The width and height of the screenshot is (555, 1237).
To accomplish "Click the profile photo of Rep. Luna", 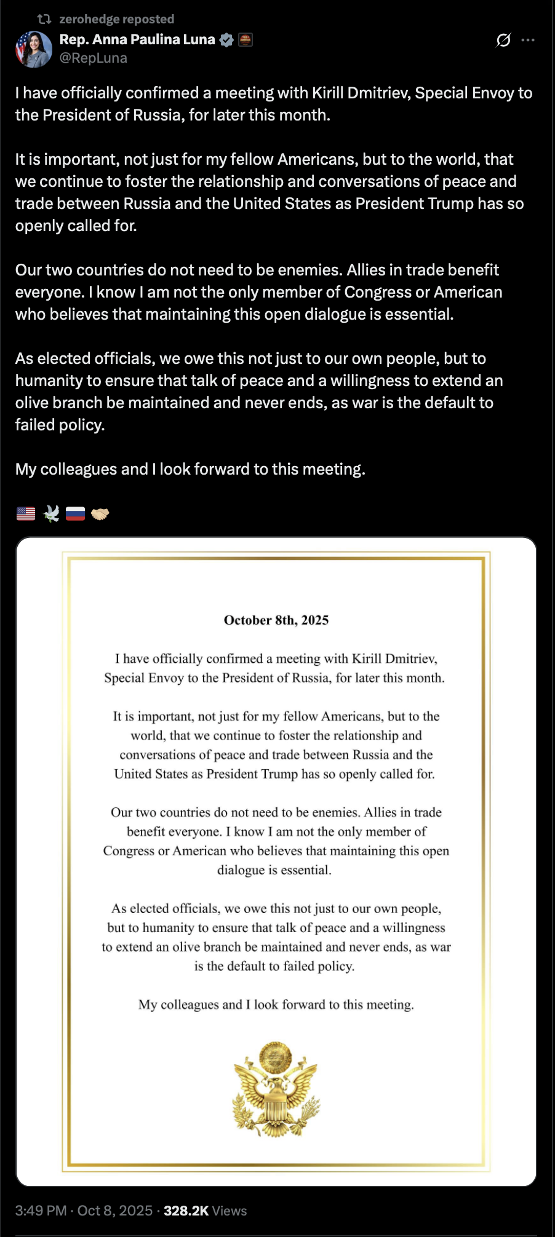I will (34, 49).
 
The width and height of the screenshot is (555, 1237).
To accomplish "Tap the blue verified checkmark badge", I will (226, 40).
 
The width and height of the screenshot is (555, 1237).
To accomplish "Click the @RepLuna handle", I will (94, 58).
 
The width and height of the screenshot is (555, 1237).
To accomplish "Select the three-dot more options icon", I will (528, 40).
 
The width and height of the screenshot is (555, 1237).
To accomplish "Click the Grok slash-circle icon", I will (503, 40).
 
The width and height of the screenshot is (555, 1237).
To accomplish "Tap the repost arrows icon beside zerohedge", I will (44, 19).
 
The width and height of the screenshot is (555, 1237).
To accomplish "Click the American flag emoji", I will (26, 513).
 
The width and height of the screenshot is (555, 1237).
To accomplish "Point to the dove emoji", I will (51, 513).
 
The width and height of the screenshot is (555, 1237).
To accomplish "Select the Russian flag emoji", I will (75, 513).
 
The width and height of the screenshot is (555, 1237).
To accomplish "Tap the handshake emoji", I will (100, 513).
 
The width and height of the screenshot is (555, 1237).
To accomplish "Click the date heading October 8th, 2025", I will (276, 620).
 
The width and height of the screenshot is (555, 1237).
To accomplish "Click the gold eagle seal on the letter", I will (276, 1089).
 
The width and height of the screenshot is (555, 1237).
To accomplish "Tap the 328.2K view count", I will (186, 1211).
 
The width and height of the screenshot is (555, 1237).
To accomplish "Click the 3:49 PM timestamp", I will (41, 1211).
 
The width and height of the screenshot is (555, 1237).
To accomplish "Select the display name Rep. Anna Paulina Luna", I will (137, 39).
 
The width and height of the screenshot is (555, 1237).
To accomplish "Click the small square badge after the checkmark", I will (246, 40).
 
